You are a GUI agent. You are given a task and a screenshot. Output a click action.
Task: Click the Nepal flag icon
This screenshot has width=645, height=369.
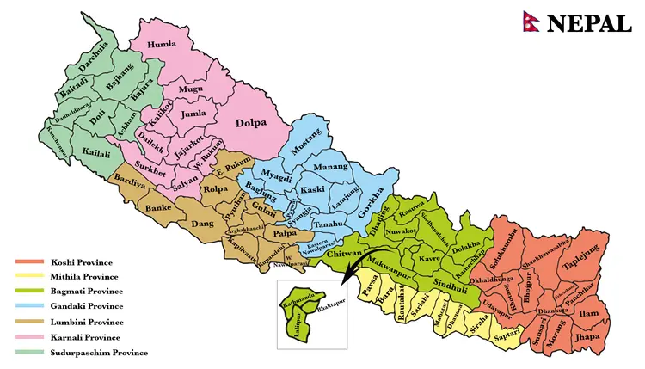(x=530, y=22)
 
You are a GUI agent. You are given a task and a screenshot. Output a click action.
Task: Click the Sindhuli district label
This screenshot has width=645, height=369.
(x=450, y=283)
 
